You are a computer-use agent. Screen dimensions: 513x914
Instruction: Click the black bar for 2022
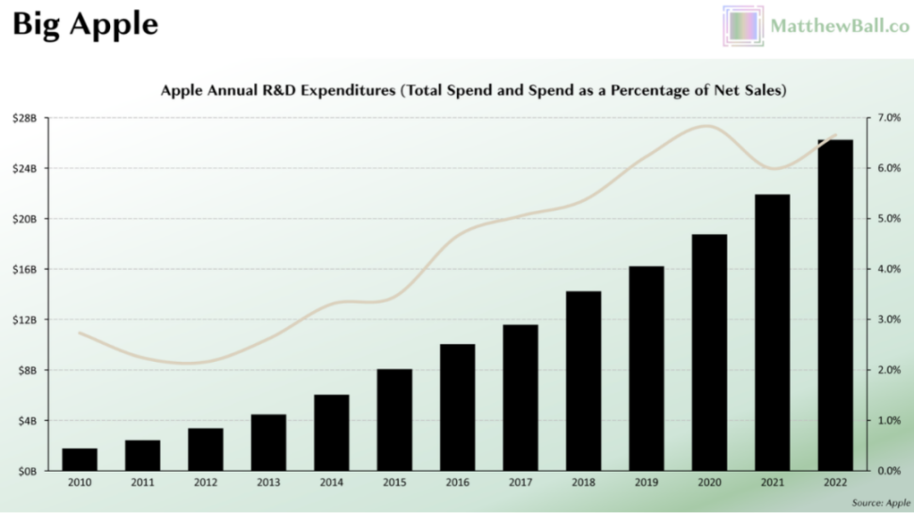pyautogui.click(x=835, y=304)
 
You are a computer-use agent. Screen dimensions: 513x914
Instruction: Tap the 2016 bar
pyautogui.click(x=457, y=407)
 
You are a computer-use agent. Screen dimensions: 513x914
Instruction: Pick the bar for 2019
pyautogui.click(x=646, y=367)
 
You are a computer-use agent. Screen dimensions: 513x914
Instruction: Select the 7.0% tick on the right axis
pyautogui.click(x=889, y=118)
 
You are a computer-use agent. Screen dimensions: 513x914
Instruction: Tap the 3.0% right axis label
pyautogui.click(x=889, y=319)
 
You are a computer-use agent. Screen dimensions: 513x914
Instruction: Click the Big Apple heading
pyautogui.click(x=85, y=25)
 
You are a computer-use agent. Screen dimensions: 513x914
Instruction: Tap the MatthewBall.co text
pyautogui.click(x=839, y=26)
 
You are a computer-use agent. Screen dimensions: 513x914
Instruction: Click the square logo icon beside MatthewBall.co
pyautogui.click(x=743, y=26)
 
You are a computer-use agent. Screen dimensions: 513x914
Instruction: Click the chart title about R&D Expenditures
pyautogui.click(x=473, y=91)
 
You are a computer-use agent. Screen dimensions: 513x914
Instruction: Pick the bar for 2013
pyautogui.click(x=268, y=442)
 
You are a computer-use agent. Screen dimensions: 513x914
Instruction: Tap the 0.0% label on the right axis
pyautogui.click(x=889, y=471)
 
